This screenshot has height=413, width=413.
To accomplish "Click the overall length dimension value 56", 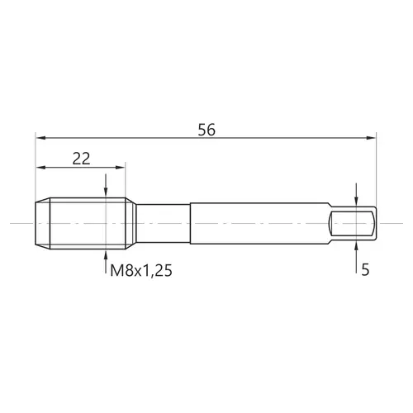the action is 206,130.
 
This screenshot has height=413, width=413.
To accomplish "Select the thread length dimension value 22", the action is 81,159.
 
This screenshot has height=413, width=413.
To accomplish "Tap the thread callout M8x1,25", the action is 141,270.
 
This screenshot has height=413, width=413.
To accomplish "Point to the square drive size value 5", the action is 365,269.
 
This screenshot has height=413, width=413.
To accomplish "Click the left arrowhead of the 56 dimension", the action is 40,138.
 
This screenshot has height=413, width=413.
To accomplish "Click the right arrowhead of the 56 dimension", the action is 371,138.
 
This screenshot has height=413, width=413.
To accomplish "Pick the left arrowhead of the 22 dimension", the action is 40,168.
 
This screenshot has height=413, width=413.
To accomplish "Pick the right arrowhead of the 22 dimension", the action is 121,168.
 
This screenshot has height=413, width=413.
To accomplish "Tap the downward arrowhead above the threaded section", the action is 106,192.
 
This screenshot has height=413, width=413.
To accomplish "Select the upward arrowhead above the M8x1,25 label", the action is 106,254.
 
